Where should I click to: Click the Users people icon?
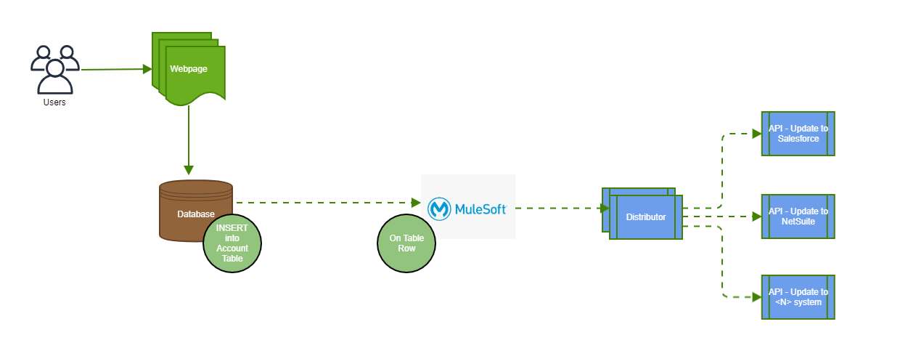pos(54,69)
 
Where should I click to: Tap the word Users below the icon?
pos(54,102)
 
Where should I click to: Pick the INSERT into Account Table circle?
pos(232,244)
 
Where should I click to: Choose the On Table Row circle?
pos(406,244)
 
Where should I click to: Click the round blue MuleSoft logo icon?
pos(440,209)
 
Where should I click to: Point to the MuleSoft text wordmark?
pos(480,209)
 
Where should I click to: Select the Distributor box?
pos(645,217)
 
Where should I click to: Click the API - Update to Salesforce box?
pos(798,134)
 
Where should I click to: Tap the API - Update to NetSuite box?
pos(798,216)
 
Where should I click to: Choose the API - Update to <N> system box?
pos(798,297)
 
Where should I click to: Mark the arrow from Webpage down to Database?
pos(189,138)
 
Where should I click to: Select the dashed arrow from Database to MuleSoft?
pos(327,203)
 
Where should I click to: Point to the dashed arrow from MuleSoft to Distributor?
pos(559,208)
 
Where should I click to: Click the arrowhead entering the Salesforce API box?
pos(756,134)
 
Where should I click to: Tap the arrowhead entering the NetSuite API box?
pos(756,216)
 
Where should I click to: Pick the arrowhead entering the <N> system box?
pos(756,297)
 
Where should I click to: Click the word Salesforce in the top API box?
pos(798,139)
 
